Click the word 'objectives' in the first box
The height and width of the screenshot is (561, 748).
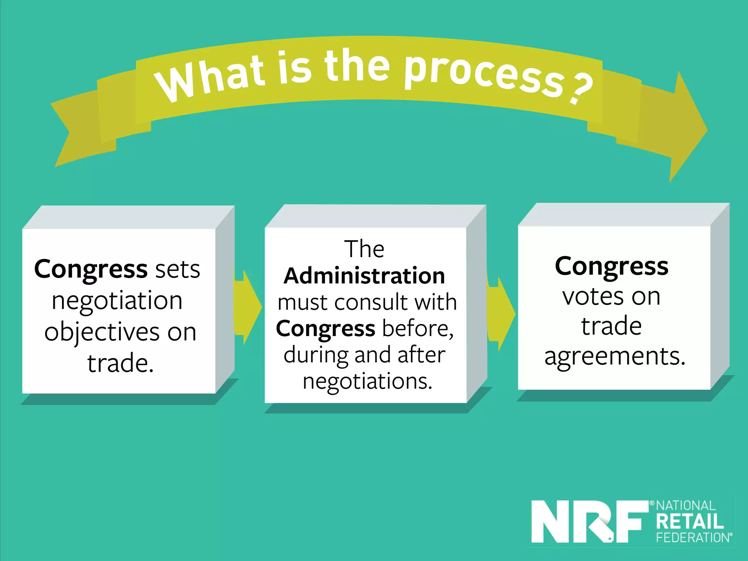coord(102,332)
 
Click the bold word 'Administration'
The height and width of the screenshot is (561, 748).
coord(364,276)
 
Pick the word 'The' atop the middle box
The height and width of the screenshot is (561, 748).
coord(364,249)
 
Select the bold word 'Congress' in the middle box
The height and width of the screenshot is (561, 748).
coord(325,329)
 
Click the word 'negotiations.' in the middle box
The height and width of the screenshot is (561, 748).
coord(367,381)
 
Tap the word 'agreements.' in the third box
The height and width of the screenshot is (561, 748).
coord(615,356)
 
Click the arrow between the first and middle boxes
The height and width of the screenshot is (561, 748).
coord(248,307)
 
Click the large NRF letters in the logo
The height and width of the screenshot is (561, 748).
coord(586,522)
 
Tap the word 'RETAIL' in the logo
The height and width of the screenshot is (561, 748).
coord(690,522)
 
